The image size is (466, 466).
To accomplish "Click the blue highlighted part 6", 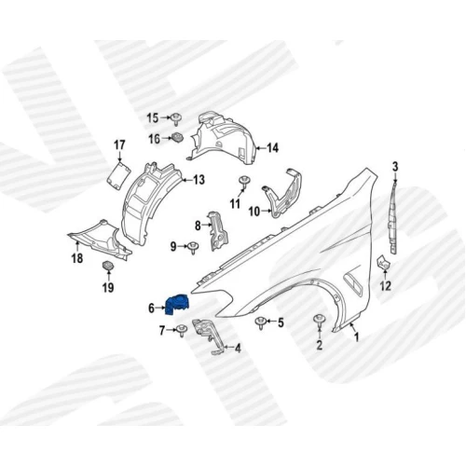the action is point(177,305).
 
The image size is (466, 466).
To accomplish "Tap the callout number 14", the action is point(272,148).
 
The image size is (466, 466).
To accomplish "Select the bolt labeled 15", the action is point(177,119).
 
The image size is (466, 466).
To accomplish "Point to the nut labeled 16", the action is point(177,137).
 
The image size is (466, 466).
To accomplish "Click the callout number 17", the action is point(119,145).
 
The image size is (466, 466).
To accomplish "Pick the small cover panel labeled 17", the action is point(118,175).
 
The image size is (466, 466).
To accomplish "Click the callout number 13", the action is point(199,180).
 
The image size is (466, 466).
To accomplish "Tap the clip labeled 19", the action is point(108,266).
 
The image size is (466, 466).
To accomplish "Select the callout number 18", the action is point(77,258).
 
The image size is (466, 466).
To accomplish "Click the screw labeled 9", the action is point(193,248).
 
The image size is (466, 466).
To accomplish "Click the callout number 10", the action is point(254,212).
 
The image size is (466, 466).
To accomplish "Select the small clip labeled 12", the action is point(383,263).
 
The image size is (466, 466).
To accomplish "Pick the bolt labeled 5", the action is point(260,322).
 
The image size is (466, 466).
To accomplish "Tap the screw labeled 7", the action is point(182,331).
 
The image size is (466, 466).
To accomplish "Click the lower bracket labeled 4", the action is point(209,336).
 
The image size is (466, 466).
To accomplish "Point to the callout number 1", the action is point(357,336).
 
